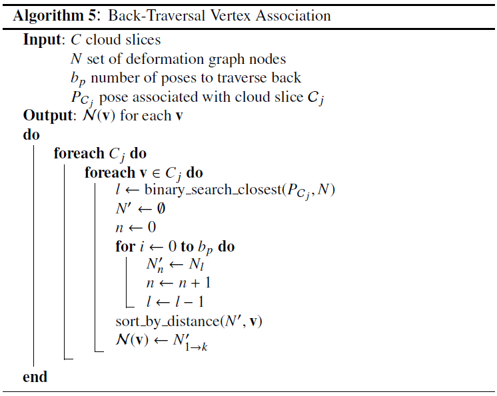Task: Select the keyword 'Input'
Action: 42,40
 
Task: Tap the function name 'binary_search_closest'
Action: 214,190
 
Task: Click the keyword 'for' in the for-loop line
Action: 125,246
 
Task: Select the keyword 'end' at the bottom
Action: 35,377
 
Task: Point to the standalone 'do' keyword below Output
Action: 31,134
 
